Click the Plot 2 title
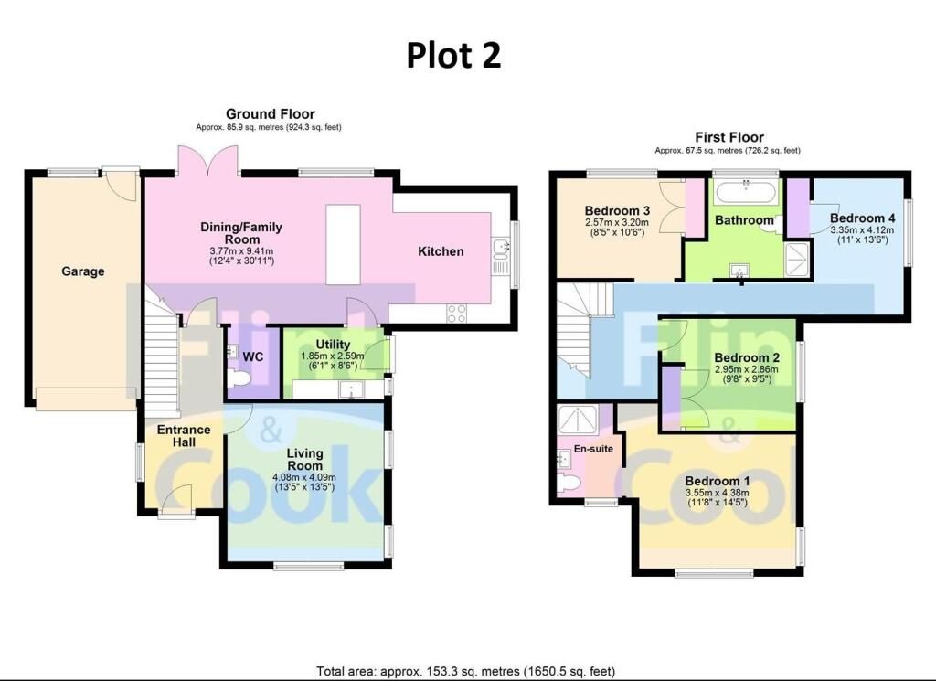[x=453, y=55]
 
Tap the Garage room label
[x=83, y=271]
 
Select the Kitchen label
[x=441, y=251]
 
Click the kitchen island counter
[x=344, y=245]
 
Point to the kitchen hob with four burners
[x=457, y=314]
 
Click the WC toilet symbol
[x=239, y=379]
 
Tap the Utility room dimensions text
[x=333, y=360]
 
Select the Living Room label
[x=304, y=460]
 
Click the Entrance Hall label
[x=184, y=436]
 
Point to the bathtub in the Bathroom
[x=746, y=193]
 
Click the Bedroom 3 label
[x=617, y=210]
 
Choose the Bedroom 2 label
[x=747, y=358]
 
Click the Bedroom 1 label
[x=718, y=481]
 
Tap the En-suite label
[x=593, y=449]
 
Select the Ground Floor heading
[x=270, y=114]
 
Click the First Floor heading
[x=729, y=137]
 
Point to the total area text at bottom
[x=465, y=672]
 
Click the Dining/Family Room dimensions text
[x=241, y=256]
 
